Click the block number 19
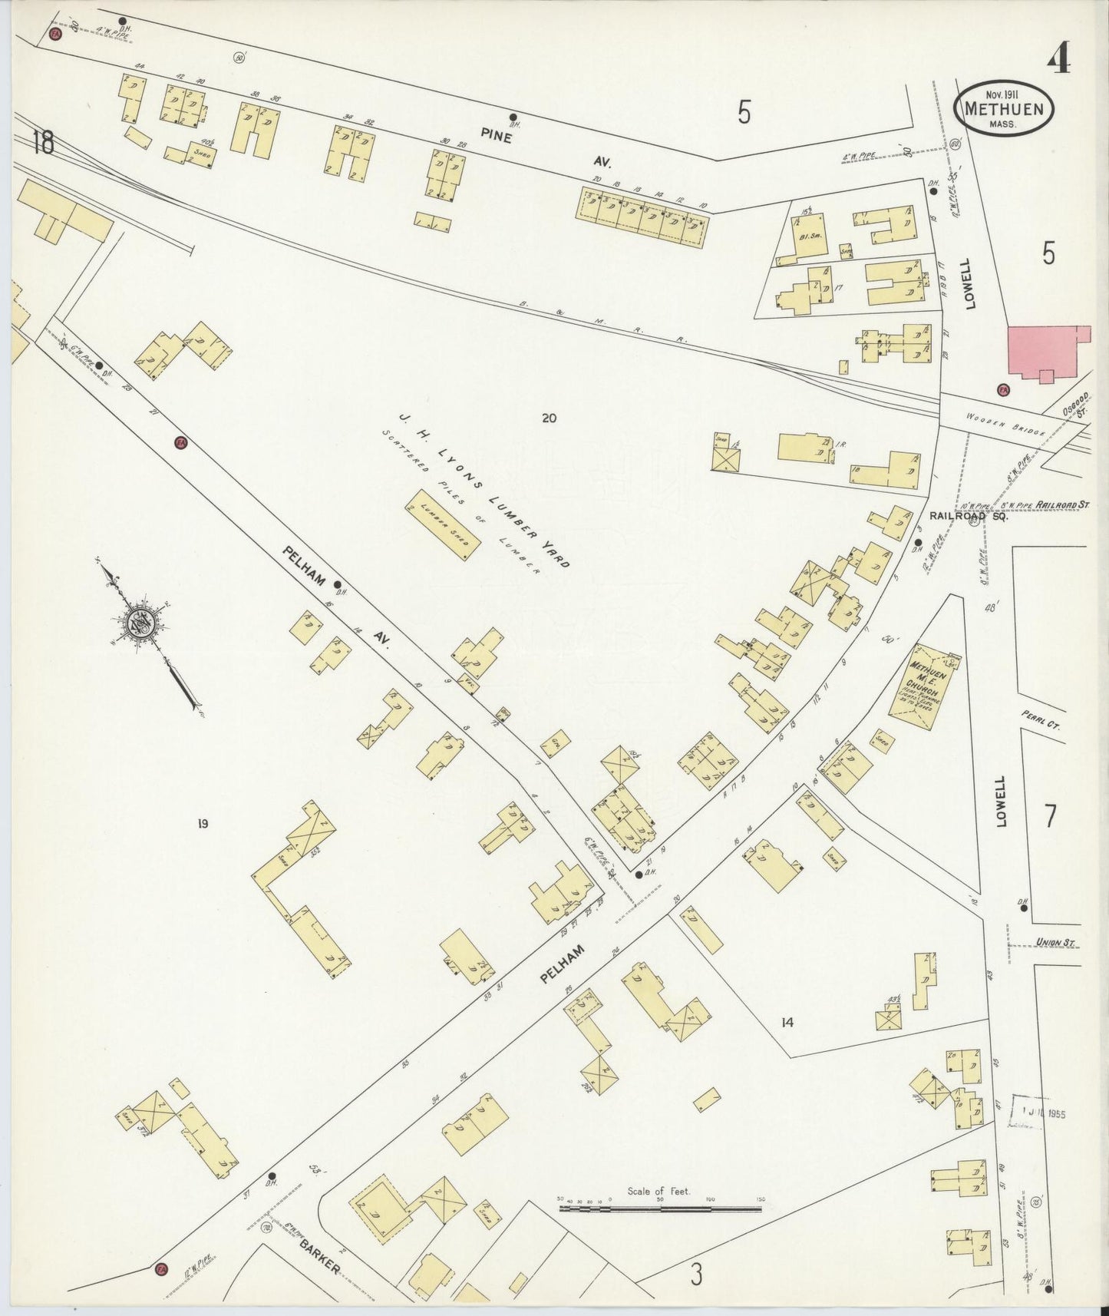click(202, 825)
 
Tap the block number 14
click(787, 1022)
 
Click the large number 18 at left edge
click(43, 143)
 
